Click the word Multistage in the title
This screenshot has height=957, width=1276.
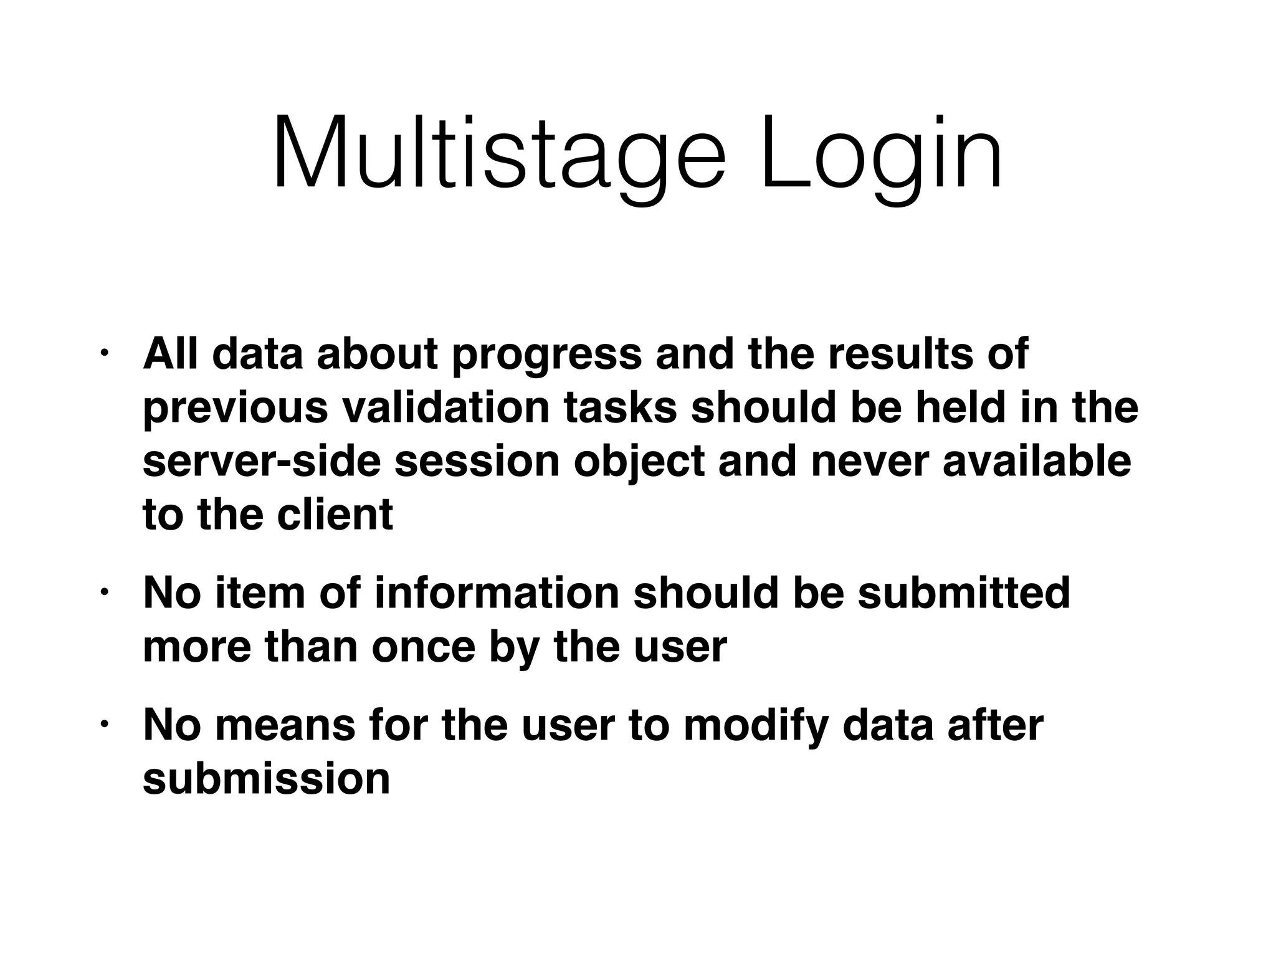[498, 153]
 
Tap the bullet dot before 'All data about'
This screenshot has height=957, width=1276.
[104, 353]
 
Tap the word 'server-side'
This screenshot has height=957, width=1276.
[261, 462]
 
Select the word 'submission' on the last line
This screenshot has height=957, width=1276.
[266, 779]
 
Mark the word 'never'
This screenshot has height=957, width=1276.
[870, 462]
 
